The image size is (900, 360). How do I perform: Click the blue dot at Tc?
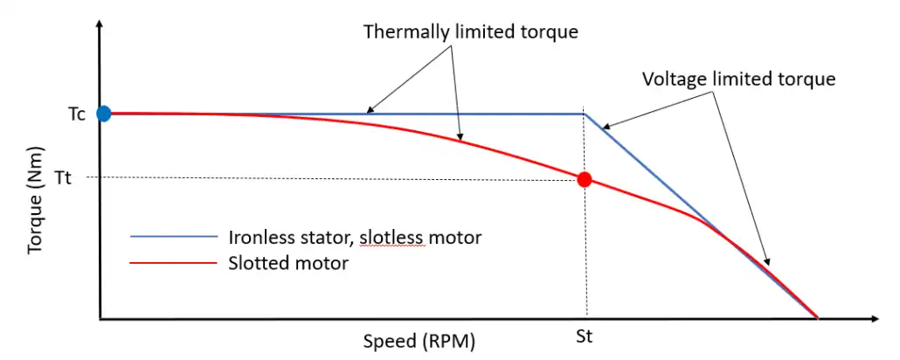click(x=104, y=113)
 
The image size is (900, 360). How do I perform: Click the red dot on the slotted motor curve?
click(x=585, y=179)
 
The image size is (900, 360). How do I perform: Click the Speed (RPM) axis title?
click(x=419, y=341)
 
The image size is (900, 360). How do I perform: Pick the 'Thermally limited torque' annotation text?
click(x=472, y=32)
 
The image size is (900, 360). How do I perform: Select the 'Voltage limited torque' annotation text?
click(x=739, y=79)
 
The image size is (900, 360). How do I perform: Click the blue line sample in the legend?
click(x=173, y=236)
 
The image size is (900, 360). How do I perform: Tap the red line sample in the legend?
click(x=173, y=262)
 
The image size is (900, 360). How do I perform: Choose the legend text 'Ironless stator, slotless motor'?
click(x=355, y=236)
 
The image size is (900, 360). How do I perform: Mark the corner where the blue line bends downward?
click(x=584, y=114)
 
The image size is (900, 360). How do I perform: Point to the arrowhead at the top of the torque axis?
click(x=100, y=30)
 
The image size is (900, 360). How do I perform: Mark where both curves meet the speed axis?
click(x=817, y=318)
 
